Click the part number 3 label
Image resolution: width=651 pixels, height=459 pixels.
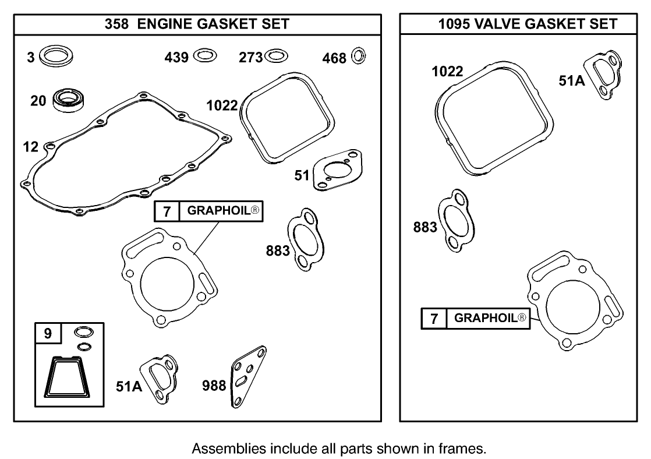31,57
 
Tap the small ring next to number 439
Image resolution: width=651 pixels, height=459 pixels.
204,56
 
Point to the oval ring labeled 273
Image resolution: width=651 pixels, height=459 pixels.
276,57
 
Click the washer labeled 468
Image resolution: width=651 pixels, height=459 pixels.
359,57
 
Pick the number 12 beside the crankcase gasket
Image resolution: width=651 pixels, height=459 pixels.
31,147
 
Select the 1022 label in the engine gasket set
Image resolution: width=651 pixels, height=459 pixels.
222,105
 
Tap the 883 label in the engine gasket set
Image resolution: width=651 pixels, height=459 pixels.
278,250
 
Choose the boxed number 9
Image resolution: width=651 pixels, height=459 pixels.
48,334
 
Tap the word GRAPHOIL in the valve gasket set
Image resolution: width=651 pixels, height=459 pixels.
485,318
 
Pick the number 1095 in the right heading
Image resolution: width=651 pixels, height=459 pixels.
453,24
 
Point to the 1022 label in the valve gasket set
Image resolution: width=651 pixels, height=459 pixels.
447,72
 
